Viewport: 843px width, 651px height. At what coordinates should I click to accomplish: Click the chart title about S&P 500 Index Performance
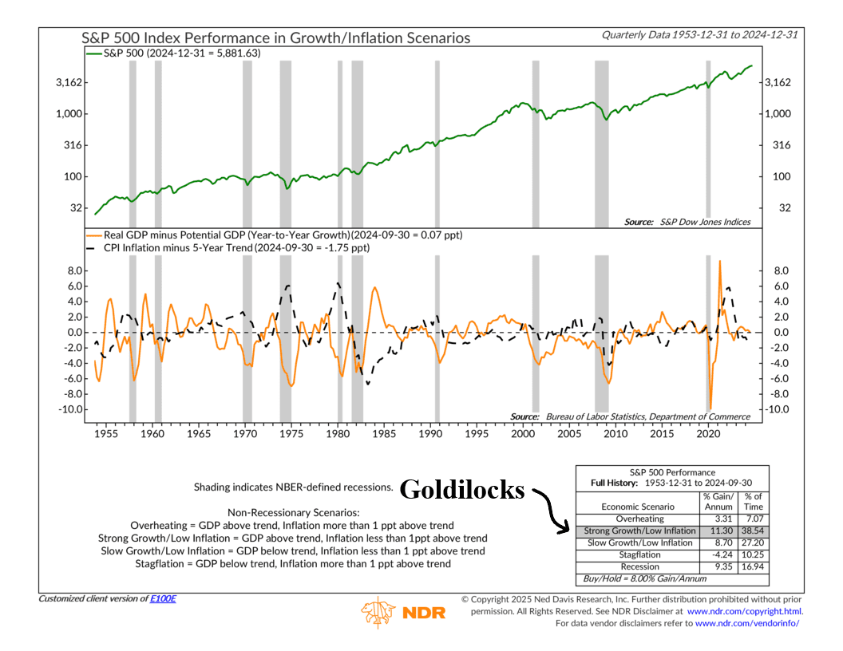[x=275, y=38]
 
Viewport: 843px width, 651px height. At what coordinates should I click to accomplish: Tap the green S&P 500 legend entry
[x=174, y=53]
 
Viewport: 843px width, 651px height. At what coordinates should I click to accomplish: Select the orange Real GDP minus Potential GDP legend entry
[x=274, y=235]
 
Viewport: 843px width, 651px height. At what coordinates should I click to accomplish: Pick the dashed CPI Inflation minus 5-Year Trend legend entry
[x=228, y=247]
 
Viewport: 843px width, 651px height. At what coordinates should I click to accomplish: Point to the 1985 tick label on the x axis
[x=384, y=433]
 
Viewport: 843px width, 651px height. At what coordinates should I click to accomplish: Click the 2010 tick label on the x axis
[x=615, y=433]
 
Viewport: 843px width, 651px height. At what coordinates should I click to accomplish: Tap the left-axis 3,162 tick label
[x=69, y=83]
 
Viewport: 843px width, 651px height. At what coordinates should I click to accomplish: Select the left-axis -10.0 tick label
[x=70, y=409]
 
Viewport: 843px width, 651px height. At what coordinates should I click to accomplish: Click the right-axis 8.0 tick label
[x=782, y=270]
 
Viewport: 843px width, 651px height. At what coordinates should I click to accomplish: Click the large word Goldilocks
[x=462, y=489]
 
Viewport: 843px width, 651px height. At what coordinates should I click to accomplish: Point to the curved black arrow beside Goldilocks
[x=551, y=508]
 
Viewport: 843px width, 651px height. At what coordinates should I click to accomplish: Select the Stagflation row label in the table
[x=639, y=554]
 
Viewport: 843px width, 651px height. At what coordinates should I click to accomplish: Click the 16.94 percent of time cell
[x=754, y=566]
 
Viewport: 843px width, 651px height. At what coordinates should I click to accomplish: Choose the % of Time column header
[x=754, y=502]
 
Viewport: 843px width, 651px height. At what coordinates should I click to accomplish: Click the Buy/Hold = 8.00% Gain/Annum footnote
[x=644, y=579]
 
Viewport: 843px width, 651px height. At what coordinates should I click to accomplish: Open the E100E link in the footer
[x=163, y=598]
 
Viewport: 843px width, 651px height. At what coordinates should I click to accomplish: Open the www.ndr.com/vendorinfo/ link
[x=747, y=624]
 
